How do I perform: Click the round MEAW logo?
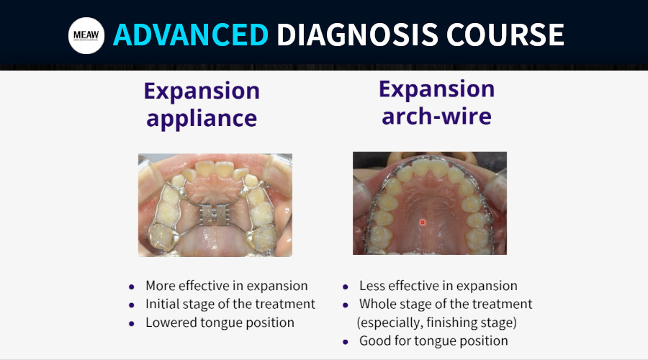coord(86,35)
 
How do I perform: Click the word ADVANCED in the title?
coord(191,35)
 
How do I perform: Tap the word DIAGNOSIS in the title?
coord(357,35)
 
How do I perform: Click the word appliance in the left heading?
coord(202,119)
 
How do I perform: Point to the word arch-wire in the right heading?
coord(436,116)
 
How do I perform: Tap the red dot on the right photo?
coord(423,222)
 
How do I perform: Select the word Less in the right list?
coord(372,286)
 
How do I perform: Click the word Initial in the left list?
coord(161,304)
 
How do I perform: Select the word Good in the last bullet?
coord(372,341)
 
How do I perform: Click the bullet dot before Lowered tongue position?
coord(132,323)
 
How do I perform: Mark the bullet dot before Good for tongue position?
coord(346,342)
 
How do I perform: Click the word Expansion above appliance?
coord(202,91)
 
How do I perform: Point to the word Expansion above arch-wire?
coord(437,89)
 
